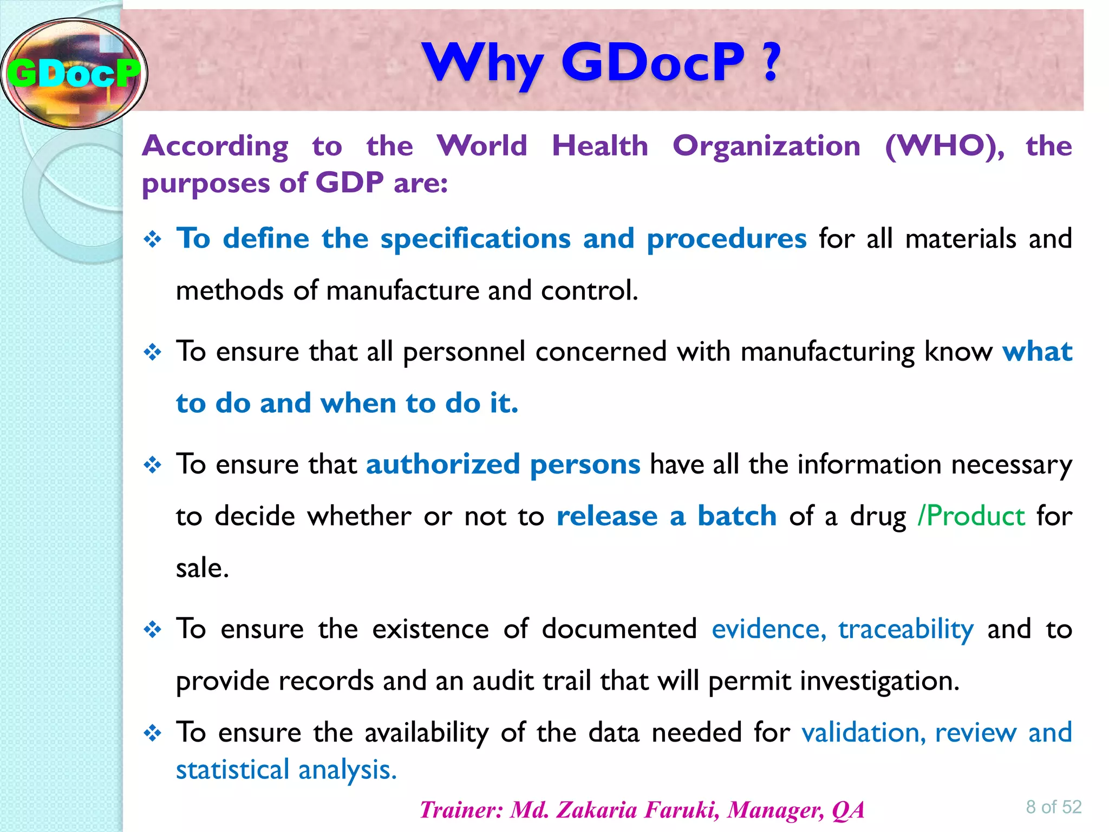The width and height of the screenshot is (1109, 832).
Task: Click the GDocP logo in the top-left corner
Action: [x=74, y=73]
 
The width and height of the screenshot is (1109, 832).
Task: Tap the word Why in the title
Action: [x=482, y=63]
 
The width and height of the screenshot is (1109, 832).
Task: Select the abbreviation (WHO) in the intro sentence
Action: [x=944, y=146]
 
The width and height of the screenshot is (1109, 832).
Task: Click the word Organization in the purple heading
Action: [x=766, y=146]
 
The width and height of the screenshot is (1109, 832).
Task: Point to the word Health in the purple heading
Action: [x=600, y=146]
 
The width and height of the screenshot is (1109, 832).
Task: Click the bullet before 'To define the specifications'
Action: [x=153, y=239]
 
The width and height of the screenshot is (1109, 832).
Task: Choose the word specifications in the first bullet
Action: [x=475, y=239]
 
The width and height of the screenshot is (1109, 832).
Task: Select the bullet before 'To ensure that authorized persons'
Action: [x=153, y=465]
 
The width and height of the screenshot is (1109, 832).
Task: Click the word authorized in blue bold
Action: [x=443, y=465]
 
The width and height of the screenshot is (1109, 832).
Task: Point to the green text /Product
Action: [x=971, y=516]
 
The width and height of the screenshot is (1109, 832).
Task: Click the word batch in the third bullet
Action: [x=737, y=516]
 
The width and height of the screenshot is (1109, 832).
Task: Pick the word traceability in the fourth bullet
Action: [x=906, y=630]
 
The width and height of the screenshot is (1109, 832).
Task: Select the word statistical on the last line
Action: [x=233, y=770]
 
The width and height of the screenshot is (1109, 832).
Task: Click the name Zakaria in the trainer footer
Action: [x=596, y=810]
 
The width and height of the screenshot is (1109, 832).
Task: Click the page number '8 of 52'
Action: [x=1053, y=807]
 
